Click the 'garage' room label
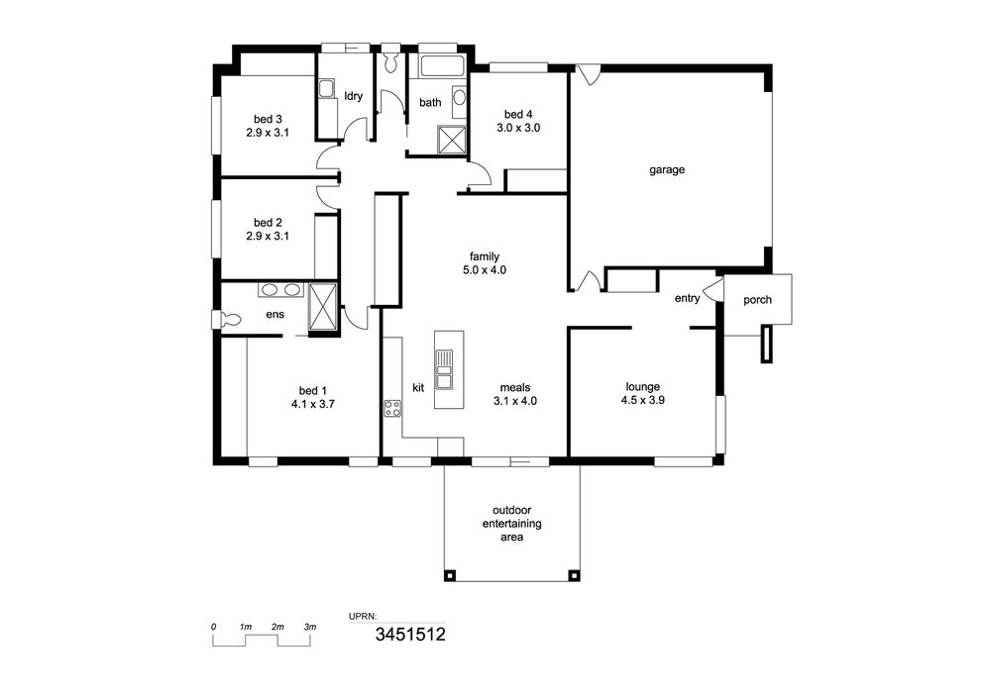tap(667, 169)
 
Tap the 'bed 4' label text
tap(518, 114)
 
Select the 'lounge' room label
tap(643, 386)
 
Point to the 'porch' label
tap(757, 300)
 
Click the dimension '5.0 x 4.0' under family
tap(485, 270)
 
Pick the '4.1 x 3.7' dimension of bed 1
tap(313, 404)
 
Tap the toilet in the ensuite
tap(226, 320)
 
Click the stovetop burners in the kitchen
tap(392, 408)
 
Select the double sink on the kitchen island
tap(444, 368)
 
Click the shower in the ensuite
tap(323, 307)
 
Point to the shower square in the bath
tap(452, 140)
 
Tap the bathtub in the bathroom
tap(443, 66)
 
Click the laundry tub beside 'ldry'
tap(326, 89)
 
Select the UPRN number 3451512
tap(410, 634)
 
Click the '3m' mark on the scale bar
tap(309, 627)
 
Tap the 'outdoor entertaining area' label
tap(512, 523)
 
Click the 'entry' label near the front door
tap(687, 299)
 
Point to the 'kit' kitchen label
tap(418, 387)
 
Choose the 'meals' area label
tap(515, 387)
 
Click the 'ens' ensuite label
tap(275, 314)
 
